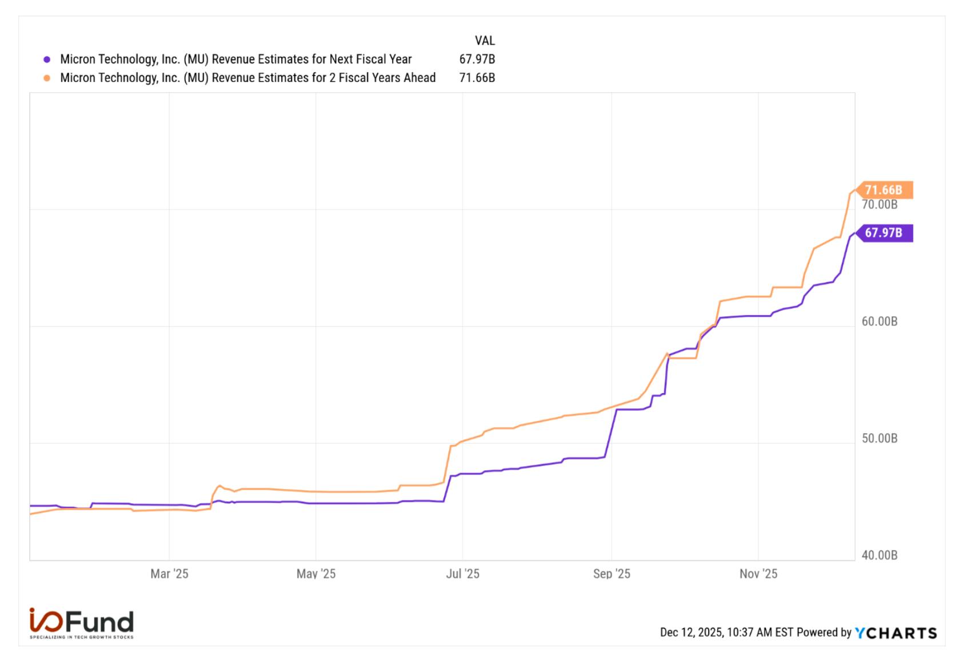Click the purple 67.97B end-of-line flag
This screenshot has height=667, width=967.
[885, 233]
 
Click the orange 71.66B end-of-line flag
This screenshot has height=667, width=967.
[885, 190]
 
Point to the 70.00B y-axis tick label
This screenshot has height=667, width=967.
[880, 205]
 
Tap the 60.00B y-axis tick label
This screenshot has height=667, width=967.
[880, 321]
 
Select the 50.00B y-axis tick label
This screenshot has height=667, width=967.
[880, 439]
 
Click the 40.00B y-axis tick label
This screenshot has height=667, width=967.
[880, 555]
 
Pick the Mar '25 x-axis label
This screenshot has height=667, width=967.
[169, 574]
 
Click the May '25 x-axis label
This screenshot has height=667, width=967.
[316, 574]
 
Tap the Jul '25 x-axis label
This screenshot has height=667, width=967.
[463, 574]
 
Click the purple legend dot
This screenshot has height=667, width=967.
[47, 59]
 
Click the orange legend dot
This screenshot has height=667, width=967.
[47, 78]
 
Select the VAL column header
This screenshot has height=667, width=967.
[485, 41]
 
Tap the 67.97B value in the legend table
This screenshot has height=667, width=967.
[477, 59]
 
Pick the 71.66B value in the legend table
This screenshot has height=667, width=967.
[477, 78]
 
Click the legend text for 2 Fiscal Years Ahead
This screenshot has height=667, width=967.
[248, 78]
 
